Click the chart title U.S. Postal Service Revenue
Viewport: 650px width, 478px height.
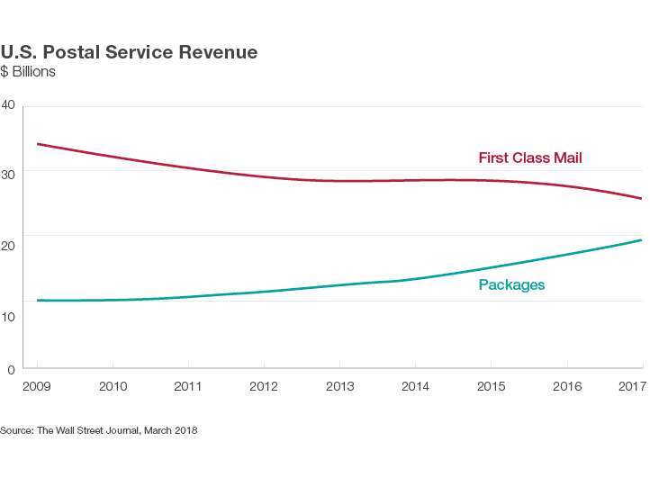pyautogui.click(x=129, y=52)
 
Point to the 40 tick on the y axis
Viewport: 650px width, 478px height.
pyautogui.click(x=9, y=105)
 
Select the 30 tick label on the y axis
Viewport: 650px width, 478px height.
pyautogui.click(x=9, y=171)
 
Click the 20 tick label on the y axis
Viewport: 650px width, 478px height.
pyautogui.click(x=9, y=236)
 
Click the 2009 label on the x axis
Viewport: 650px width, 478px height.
pyautogui.click(x=36, y=386)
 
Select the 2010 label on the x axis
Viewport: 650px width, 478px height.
pyautogui.click(x=112, y=386)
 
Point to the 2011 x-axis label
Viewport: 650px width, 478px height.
pyautogui.click(x=187, y=386)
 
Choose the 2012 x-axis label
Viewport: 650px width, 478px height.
pyautogui.click(x=263, y=386)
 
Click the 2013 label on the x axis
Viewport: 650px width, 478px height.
pyautogui.click(x=339, y=386)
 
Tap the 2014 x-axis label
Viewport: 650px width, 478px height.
pyautogui.click(x=415, y=386)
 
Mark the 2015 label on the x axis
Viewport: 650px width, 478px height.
pyautogui.click(x=491, y=386)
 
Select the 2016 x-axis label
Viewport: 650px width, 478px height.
pyautogui.click(x=566, y=386)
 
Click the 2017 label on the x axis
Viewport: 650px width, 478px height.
pyautogui.click(x=633, y=386)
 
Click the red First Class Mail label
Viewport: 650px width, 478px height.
pyautogui.click(x=530, y=158)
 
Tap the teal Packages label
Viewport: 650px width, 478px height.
pyautogui.click(x=511, y=285)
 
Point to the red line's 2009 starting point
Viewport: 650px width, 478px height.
pyautogui.click(x=37, y=144)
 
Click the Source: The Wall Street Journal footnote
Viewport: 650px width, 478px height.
pyautogui.click(x=99, y=431)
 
